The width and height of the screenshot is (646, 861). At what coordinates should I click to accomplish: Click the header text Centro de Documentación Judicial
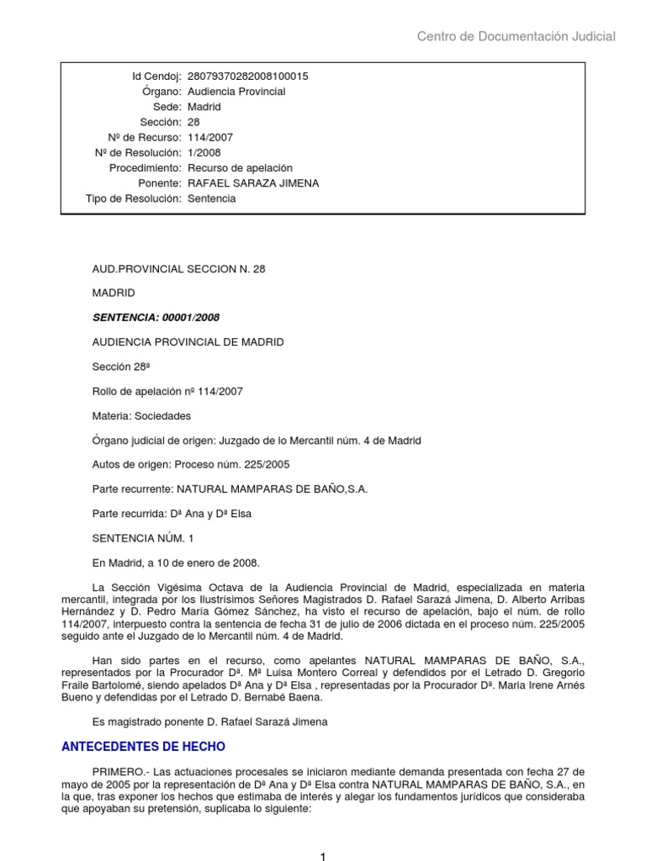point(516,36)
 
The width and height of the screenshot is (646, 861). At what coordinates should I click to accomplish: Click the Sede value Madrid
point(204,107)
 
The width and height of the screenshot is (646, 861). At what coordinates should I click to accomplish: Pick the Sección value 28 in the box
point(194,122)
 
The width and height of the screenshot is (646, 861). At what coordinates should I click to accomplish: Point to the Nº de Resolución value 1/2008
point(206,153)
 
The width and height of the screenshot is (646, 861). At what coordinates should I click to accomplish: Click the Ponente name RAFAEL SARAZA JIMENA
point(253,183)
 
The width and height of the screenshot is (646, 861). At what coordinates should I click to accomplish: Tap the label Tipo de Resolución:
point(134,198)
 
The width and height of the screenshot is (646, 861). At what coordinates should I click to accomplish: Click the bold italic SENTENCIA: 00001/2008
point(156,318)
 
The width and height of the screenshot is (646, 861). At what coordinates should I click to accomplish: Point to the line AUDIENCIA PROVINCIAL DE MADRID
point(188,342)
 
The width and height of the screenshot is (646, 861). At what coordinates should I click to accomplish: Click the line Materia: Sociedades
point(141,416)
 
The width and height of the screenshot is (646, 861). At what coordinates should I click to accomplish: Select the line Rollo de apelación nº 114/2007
point(167,391)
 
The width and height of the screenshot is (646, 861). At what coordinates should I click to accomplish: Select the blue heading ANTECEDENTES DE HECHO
point(145,747)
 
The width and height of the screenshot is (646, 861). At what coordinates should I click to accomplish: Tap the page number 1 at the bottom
point(322,855)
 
